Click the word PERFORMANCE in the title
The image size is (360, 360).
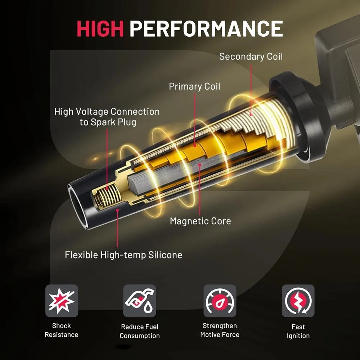coord(206,29)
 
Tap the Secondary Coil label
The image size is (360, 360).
coord(251,57)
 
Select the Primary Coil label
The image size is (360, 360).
coord(194,86)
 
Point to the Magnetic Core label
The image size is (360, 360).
coord(200,221)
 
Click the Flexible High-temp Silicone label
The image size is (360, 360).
coord(123,255)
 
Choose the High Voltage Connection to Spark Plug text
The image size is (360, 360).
coord(107,117)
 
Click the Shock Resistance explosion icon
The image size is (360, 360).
coord(62,301)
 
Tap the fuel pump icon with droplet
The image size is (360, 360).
coord(139,301)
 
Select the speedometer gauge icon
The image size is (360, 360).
coord(220,301)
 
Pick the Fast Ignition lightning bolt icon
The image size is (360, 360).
coord(298,301)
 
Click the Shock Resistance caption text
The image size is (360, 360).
coord(62,330)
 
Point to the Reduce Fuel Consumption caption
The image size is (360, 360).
coord(139,331)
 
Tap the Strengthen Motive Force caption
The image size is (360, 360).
coord(220,330)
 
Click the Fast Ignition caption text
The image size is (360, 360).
coord(298,331)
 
